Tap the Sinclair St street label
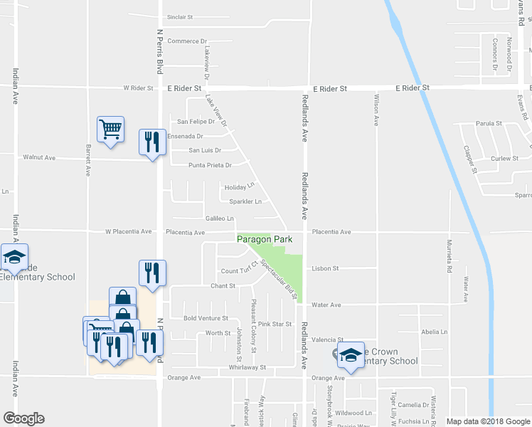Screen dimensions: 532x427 pyautogui.click(x=181, y=16)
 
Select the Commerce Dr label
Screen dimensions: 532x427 pyautogui.click(x=186, y=41)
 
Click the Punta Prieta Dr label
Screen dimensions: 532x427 pyautogui.click(x=210, y=165)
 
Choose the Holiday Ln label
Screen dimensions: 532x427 pyautogui.click(x=238, y=187)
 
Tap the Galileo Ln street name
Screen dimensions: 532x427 pyautogui.click(x=219, y=218)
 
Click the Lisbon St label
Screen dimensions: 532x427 pyautogui.click(x=325, y=268)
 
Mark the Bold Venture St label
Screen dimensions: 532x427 pyautogui.click(x=205, y=318)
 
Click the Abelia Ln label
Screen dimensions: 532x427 pyautogui.click(x=434, y=332)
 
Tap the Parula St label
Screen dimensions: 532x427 pyautogui.click(x=489, y=123)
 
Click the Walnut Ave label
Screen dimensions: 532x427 pyautogui.click(x=39, y=157)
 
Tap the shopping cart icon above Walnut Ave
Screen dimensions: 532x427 pyautogui.click(x=110, y=130)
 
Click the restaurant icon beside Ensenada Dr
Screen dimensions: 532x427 pyautogui.click(x=152, y=142)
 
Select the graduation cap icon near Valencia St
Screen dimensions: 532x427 pyautogui.click(x=350, y=356)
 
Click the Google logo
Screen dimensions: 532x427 pyautogui.click(x=23, y=418)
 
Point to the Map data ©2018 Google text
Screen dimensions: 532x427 pyautogui.click(x=486, y=421)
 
